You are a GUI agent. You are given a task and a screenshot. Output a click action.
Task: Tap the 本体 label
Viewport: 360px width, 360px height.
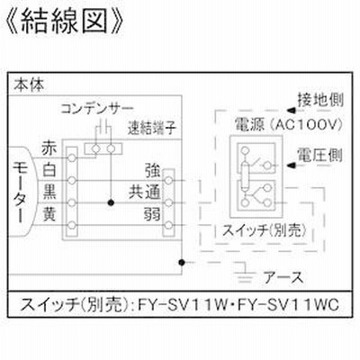coord(29,85)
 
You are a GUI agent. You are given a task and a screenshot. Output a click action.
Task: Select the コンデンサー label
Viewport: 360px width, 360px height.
coord(97,109)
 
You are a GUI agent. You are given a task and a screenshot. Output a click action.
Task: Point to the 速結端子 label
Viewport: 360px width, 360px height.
coord(152,128)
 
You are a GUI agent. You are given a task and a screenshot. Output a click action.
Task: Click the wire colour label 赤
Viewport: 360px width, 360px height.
coord(49,148)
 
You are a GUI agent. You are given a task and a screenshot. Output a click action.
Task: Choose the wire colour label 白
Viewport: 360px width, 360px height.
coord(49,170)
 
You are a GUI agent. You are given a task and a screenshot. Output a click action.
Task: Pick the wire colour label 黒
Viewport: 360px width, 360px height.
coord(49,192)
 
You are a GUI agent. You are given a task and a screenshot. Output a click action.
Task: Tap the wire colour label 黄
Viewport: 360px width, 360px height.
coord(49,214)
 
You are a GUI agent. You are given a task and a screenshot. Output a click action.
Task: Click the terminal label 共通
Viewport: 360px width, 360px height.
coord(144,192)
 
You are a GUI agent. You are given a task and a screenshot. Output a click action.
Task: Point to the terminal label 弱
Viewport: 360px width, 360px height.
coord(152,214)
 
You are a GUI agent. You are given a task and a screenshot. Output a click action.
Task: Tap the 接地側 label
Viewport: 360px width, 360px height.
coord(320,100)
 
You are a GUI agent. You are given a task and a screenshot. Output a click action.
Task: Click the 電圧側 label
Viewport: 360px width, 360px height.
coord(319,156)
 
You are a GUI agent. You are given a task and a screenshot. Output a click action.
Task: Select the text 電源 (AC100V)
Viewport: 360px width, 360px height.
coord(288,124)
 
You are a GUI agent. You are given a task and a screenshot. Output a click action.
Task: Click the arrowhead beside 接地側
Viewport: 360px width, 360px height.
coord(291,111)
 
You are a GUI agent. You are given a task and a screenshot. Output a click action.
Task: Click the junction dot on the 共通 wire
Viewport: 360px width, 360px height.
coord(111,203)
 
